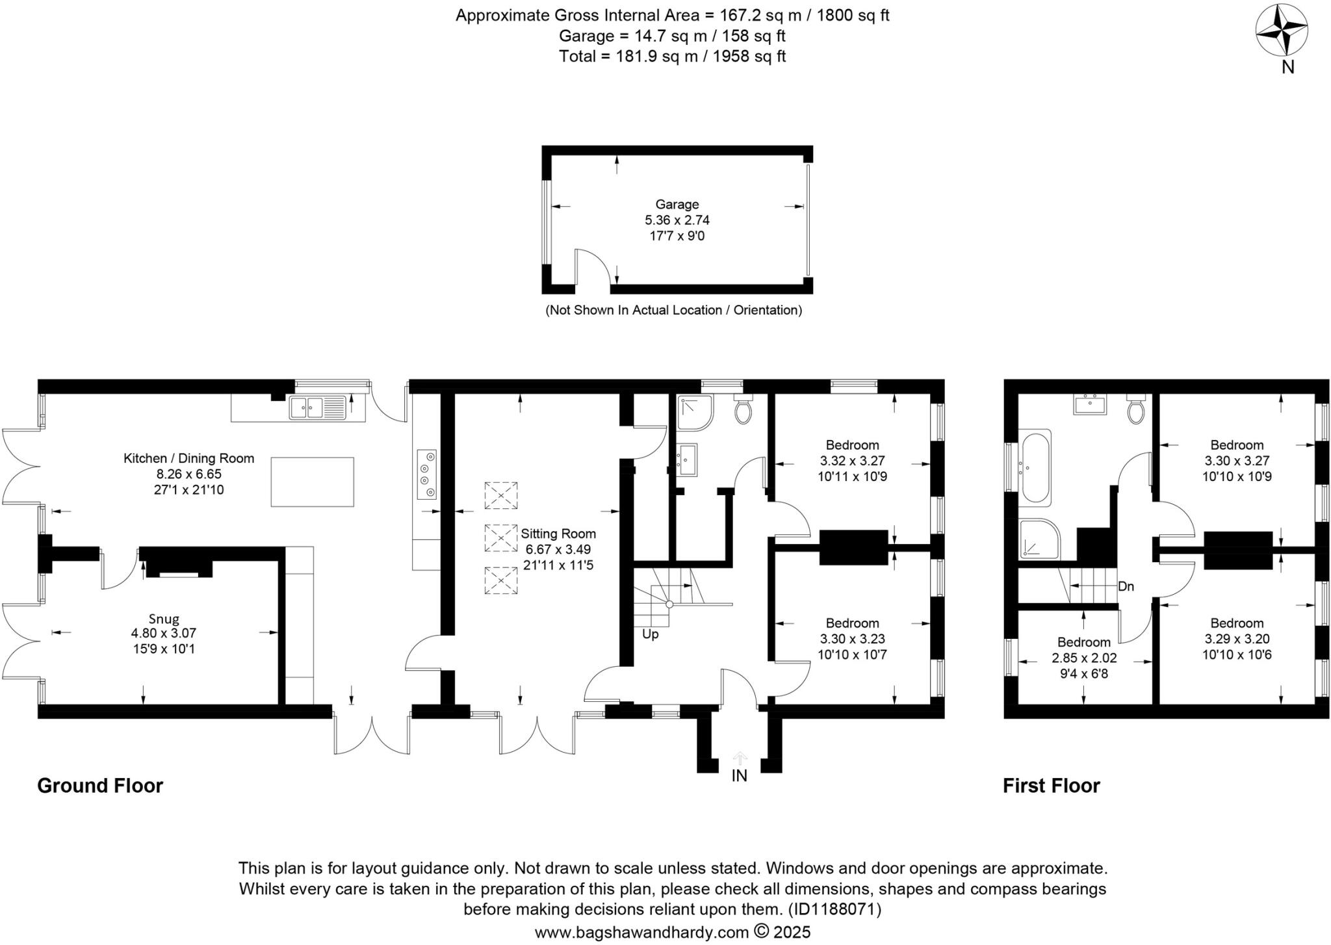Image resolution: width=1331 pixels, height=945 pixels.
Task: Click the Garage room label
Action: [x=677, y=205]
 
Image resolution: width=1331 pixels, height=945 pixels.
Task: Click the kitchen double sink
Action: [x=318, y=408]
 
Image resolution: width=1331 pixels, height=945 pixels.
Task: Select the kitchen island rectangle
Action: [x=313, y=482]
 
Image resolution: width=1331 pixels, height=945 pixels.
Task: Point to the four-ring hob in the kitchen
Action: [x=427, y=474]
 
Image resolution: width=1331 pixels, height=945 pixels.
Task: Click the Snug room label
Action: [x=163, y=619]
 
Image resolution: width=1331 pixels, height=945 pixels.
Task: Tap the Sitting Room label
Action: [x=558, y=534]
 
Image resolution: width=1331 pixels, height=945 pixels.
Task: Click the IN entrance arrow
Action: [x=740, y=758]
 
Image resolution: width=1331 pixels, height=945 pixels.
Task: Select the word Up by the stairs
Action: [x=650, y=634]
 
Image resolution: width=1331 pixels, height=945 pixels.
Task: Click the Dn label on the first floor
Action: [x=1126, y=586]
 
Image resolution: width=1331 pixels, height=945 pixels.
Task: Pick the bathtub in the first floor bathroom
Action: [x=1036, y=467]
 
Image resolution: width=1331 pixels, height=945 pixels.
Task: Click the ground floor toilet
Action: [x=743, y=409]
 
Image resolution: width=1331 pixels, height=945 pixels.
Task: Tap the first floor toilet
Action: [x=1136, y=410]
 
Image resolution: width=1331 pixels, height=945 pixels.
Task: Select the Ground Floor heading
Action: [x=100, y=786]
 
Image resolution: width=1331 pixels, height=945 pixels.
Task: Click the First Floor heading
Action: [x=1051, y=786]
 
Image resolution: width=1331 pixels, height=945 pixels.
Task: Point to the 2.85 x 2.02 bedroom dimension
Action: [x=1084, y=658]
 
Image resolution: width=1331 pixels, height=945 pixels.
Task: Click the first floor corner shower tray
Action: [x=1039, y=539]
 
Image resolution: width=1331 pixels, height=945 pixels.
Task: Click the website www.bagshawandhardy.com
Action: [x=641, y=933]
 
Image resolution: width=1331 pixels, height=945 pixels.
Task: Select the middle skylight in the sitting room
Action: [x=501, y=537]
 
